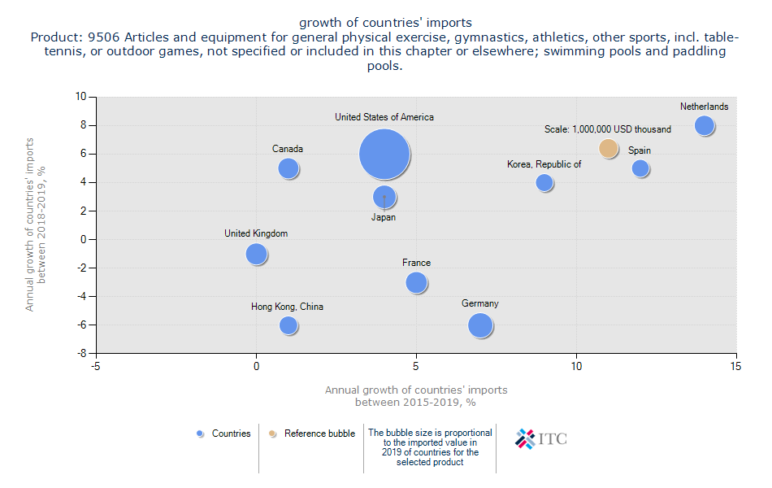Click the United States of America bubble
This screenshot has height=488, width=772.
(x=384, y=154)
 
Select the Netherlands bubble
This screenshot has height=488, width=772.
(x=705, y=125)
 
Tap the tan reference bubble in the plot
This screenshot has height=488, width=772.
(x=609, y=148)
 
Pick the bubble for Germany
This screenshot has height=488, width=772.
(x=480, y=325)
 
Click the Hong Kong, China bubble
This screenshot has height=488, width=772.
(x=288, y=325)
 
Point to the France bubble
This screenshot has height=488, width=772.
(x=416, y=282)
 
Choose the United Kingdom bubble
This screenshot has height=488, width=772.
(x=256, y=254)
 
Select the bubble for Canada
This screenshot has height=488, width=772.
(x=288, y=168)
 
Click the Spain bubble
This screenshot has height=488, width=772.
(x=640, y=168)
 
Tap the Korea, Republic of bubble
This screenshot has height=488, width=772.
(x=544, y=183)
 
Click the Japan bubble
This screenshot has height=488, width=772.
(x=384, y=197)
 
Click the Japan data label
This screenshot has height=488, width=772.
(x=384, y=217)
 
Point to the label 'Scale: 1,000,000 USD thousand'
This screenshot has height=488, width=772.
(x=608, y=129)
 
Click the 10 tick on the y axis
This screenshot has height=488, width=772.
(x=80, y=97)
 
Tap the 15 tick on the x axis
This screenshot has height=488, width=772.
(x=736, y=367)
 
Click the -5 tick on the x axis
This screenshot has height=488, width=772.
(x=96, y=367)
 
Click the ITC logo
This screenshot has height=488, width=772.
(x=541, y=438)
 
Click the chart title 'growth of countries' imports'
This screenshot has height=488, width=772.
(x=385, y=22)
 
